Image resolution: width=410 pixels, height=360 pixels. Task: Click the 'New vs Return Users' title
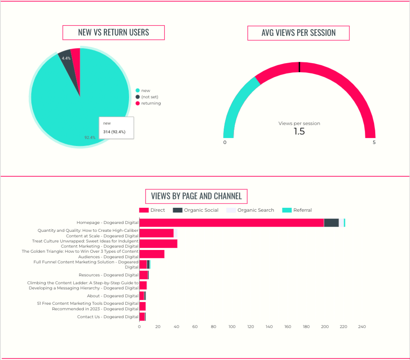click(x=114, y=32)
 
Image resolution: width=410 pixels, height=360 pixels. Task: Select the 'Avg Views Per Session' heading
click(x=298, y=33)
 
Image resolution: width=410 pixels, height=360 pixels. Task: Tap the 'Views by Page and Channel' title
click(x=197, y=196)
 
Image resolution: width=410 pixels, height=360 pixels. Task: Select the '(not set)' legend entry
click(x=150, y=97)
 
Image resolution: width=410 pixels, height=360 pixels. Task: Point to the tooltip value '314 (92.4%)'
click(x=114, y=132)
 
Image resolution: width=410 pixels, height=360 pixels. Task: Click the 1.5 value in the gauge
click(x=299, y=131)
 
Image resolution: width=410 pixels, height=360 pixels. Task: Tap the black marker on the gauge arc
click(x=300, y=67)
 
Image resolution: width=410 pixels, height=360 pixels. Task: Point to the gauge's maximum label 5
click(x=374, y=142)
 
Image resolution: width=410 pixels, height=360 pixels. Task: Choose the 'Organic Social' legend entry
click(x=201, y=210)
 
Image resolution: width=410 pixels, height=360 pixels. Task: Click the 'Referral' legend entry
click(x=302, y=210)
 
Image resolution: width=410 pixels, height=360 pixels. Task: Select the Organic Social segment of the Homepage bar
click(x=331, y=223)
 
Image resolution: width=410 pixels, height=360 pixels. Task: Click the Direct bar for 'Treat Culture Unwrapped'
click(x=158, y=244)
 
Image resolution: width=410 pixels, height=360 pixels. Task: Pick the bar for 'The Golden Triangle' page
click(x=152, y=254)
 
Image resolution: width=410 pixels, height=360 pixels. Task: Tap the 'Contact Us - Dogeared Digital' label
click(x=108, y=317)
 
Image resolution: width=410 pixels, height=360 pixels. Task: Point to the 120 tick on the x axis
click(x=251, y=326)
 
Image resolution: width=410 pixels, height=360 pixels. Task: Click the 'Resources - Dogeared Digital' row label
click(x=109, y=275)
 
